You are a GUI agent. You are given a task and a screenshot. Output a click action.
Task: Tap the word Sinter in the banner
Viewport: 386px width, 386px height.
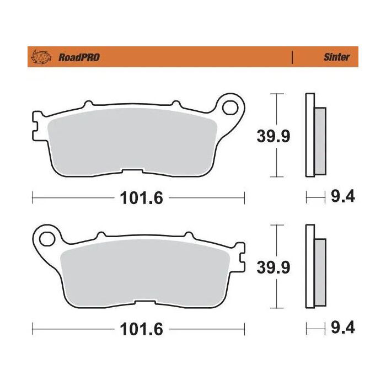336,57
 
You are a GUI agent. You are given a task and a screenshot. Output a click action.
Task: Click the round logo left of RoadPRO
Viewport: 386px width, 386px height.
41,57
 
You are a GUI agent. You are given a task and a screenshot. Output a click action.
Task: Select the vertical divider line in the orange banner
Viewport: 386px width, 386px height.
292,57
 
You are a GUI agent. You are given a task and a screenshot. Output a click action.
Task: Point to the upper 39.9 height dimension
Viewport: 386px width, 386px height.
273,136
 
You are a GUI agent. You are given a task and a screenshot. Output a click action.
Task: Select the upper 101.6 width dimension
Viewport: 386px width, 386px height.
139,197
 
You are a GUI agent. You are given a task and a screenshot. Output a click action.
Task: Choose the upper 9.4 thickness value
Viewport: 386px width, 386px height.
342,197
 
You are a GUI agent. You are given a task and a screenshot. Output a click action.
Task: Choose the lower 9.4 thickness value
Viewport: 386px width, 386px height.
342,329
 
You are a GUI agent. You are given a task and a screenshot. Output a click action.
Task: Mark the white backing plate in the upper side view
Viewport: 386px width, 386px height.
309,136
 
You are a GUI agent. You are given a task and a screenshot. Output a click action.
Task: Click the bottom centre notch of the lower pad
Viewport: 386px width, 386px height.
145,303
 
